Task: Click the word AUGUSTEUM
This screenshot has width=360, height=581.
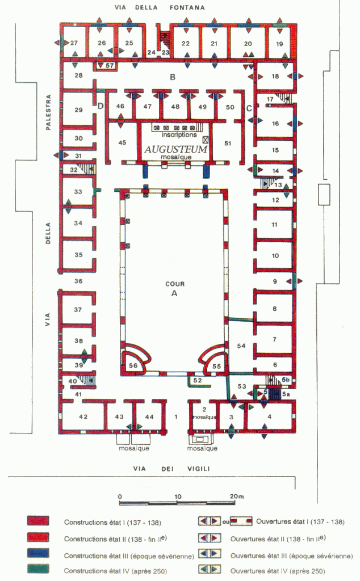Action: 175,149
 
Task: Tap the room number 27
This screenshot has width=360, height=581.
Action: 74,43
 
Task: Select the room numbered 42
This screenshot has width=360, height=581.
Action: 83,417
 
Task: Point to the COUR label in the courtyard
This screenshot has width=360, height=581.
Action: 175,284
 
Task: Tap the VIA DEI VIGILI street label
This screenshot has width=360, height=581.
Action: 171,469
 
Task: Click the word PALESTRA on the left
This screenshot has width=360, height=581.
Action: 48,112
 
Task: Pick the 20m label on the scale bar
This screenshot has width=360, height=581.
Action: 237,496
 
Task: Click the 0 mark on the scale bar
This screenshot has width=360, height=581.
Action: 120,496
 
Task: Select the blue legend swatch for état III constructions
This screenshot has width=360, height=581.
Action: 38,553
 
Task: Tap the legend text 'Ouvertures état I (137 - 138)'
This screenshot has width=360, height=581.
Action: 300,522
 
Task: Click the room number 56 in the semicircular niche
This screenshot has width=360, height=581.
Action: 133,365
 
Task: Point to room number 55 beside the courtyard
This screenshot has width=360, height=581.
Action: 216,366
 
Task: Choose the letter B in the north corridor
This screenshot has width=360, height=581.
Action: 173,77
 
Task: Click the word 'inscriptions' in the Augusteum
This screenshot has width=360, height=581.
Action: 179,135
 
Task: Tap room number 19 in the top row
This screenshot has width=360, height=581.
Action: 279,44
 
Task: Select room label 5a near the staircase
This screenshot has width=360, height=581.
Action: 286,394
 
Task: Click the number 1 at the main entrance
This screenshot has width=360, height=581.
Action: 176,417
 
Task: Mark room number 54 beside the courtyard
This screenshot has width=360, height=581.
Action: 241,346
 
